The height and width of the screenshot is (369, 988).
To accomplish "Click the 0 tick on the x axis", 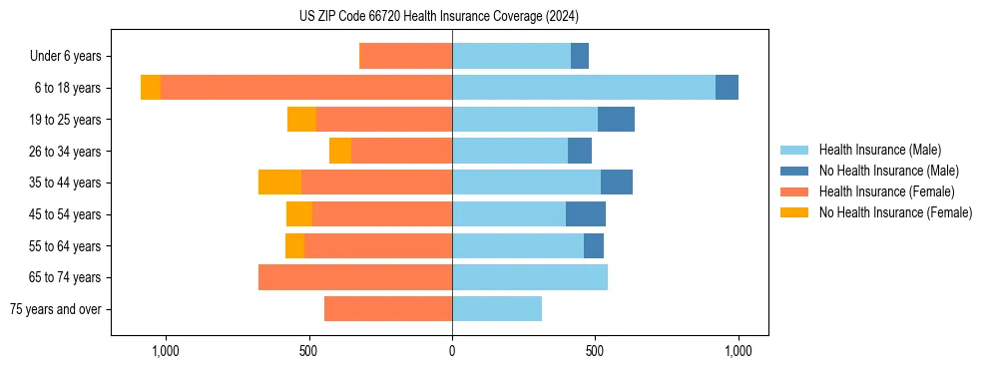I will pyautogui.click(x=452, y=351).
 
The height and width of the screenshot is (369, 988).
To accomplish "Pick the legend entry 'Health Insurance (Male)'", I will pyautogui.click(x=879, y=150).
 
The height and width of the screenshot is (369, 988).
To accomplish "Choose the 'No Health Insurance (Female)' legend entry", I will pyautogui.click(x=895, y=212).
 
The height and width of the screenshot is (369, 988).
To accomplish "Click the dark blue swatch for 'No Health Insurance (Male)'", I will pyautogui.click(x=794, y=171).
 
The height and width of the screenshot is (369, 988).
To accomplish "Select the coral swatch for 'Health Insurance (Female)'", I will pyautogui.click(x=794, y=191).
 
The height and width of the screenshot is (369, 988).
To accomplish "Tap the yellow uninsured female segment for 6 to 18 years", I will pyautogui.click(x=151, y=88).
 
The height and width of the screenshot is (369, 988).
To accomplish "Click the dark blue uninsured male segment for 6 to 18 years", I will pyautogui.click(x=727, y=88).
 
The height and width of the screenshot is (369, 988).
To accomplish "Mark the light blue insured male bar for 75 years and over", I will pyautogui.click(x=497, y=309).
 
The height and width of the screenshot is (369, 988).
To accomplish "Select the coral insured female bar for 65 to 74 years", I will pyautogui.click(x=355, y=277).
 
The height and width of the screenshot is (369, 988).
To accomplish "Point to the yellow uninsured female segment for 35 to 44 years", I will pyautogui.click(x=279, y=183).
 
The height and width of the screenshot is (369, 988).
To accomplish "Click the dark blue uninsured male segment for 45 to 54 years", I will pyautogui.click(x=586, y=214).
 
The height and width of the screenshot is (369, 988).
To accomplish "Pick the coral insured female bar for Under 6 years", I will pyautogui.click(x=405, y=56).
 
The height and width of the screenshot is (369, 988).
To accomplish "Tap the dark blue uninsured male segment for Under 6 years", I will pyautogui.click(x=580, y=56).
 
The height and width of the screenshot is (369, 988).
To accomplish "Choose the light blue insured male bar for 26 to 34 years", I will pyautogui.click(x=510, y=151).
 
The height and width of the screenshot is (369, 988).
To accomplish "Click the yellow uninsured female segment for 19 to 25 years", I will pyautogui.click(x=301, y=120).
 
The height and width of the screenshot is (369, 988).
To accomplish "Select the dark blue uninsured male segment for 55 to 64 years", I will pyautogui.click(x=594, y=245).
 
